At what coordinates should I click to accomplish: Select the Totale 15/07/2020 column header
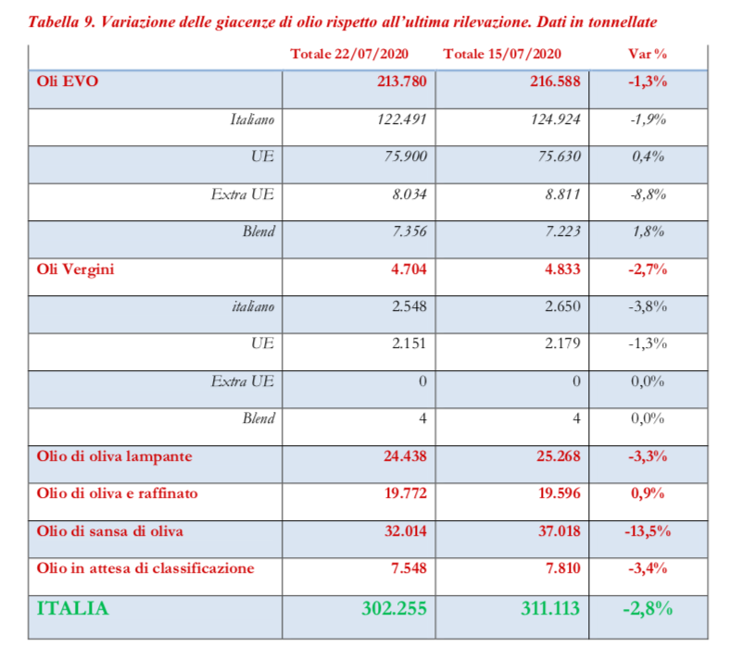click(501, 55)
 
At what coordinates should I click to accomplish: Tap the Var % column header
click(648, 55)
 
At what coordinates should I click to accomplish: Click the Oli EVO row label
click(68, 81)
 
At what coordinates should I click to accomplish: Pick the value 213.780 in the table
click(402, 81)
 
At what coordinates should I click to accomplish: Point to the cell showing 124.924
click(557, 119)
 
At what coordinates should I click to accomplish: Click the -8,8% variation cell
click(648, 195)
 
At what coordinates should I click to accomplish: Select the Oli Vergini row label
click(76, 270)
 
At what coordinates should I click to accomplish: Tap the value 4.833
click(560, 270)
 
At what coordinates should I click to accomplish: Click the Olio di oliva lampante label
click(115, 456)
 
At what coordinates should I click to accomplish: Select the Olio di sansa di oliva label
click(110, 531)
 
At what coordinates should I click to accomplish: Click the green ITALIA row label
click(72, 608)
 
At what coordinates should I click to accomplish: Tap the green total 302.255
click(394, 609)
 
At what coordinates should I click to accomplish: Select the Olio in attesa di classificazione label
click(145, 568)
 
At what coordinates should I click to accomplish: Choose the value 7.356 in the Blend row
click(407, 232)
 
